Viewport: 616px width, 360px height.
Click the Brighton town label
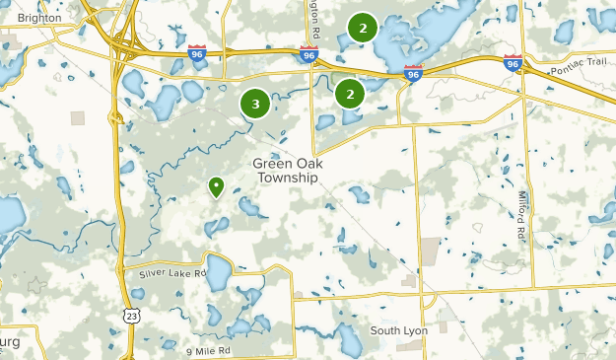38,18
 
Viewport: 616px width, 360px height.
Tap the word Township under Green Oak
287,179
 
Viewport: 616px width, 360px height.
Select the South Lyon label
399,330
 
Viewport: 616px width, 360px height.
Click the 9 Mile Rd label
208,350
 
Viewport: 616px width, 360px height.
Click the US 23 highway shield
132,315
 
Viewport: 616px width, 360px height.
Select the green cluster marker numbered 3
255,103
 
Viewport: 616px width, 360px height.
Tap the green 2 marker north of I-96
363,28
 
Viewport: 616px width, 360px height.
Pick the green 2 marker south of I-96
349,94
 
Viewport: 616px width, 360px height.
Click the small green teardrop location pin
216,185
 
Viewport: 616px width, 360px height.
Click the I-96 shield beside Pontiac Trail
512,63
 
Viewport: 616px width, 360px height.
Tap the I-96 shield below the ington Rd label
309,56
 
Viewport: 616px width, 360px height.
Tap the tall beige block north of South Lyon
431,252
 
